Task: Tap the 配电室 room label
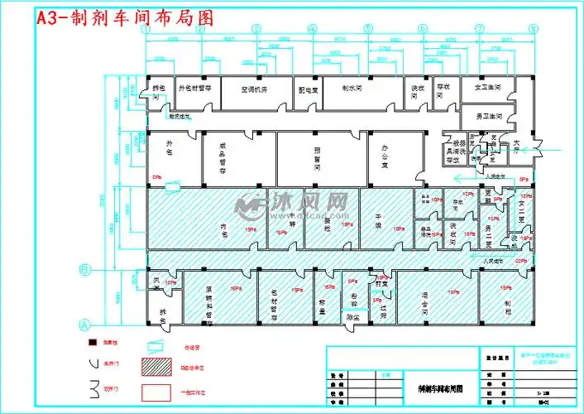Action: click(x=308, y=88)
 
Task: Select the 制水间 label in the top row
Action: click(x=356, y=85)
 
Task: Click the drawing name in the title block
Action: click(x=435, y=387)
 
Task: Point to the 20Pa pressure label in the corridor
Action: click(x=520, y=261)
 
